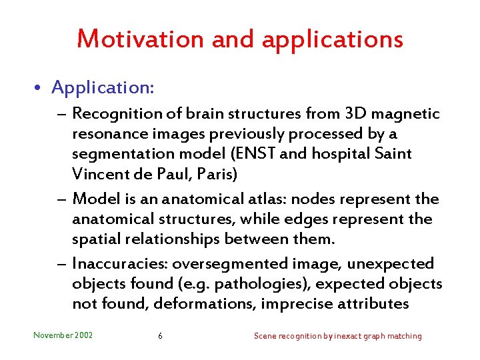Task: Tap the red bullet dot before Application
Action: (41, 87)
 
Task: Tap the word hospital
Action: (339, 154)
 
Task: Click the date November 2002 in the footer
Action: (63, 335)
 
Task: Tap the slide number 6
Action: (160, 336)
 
